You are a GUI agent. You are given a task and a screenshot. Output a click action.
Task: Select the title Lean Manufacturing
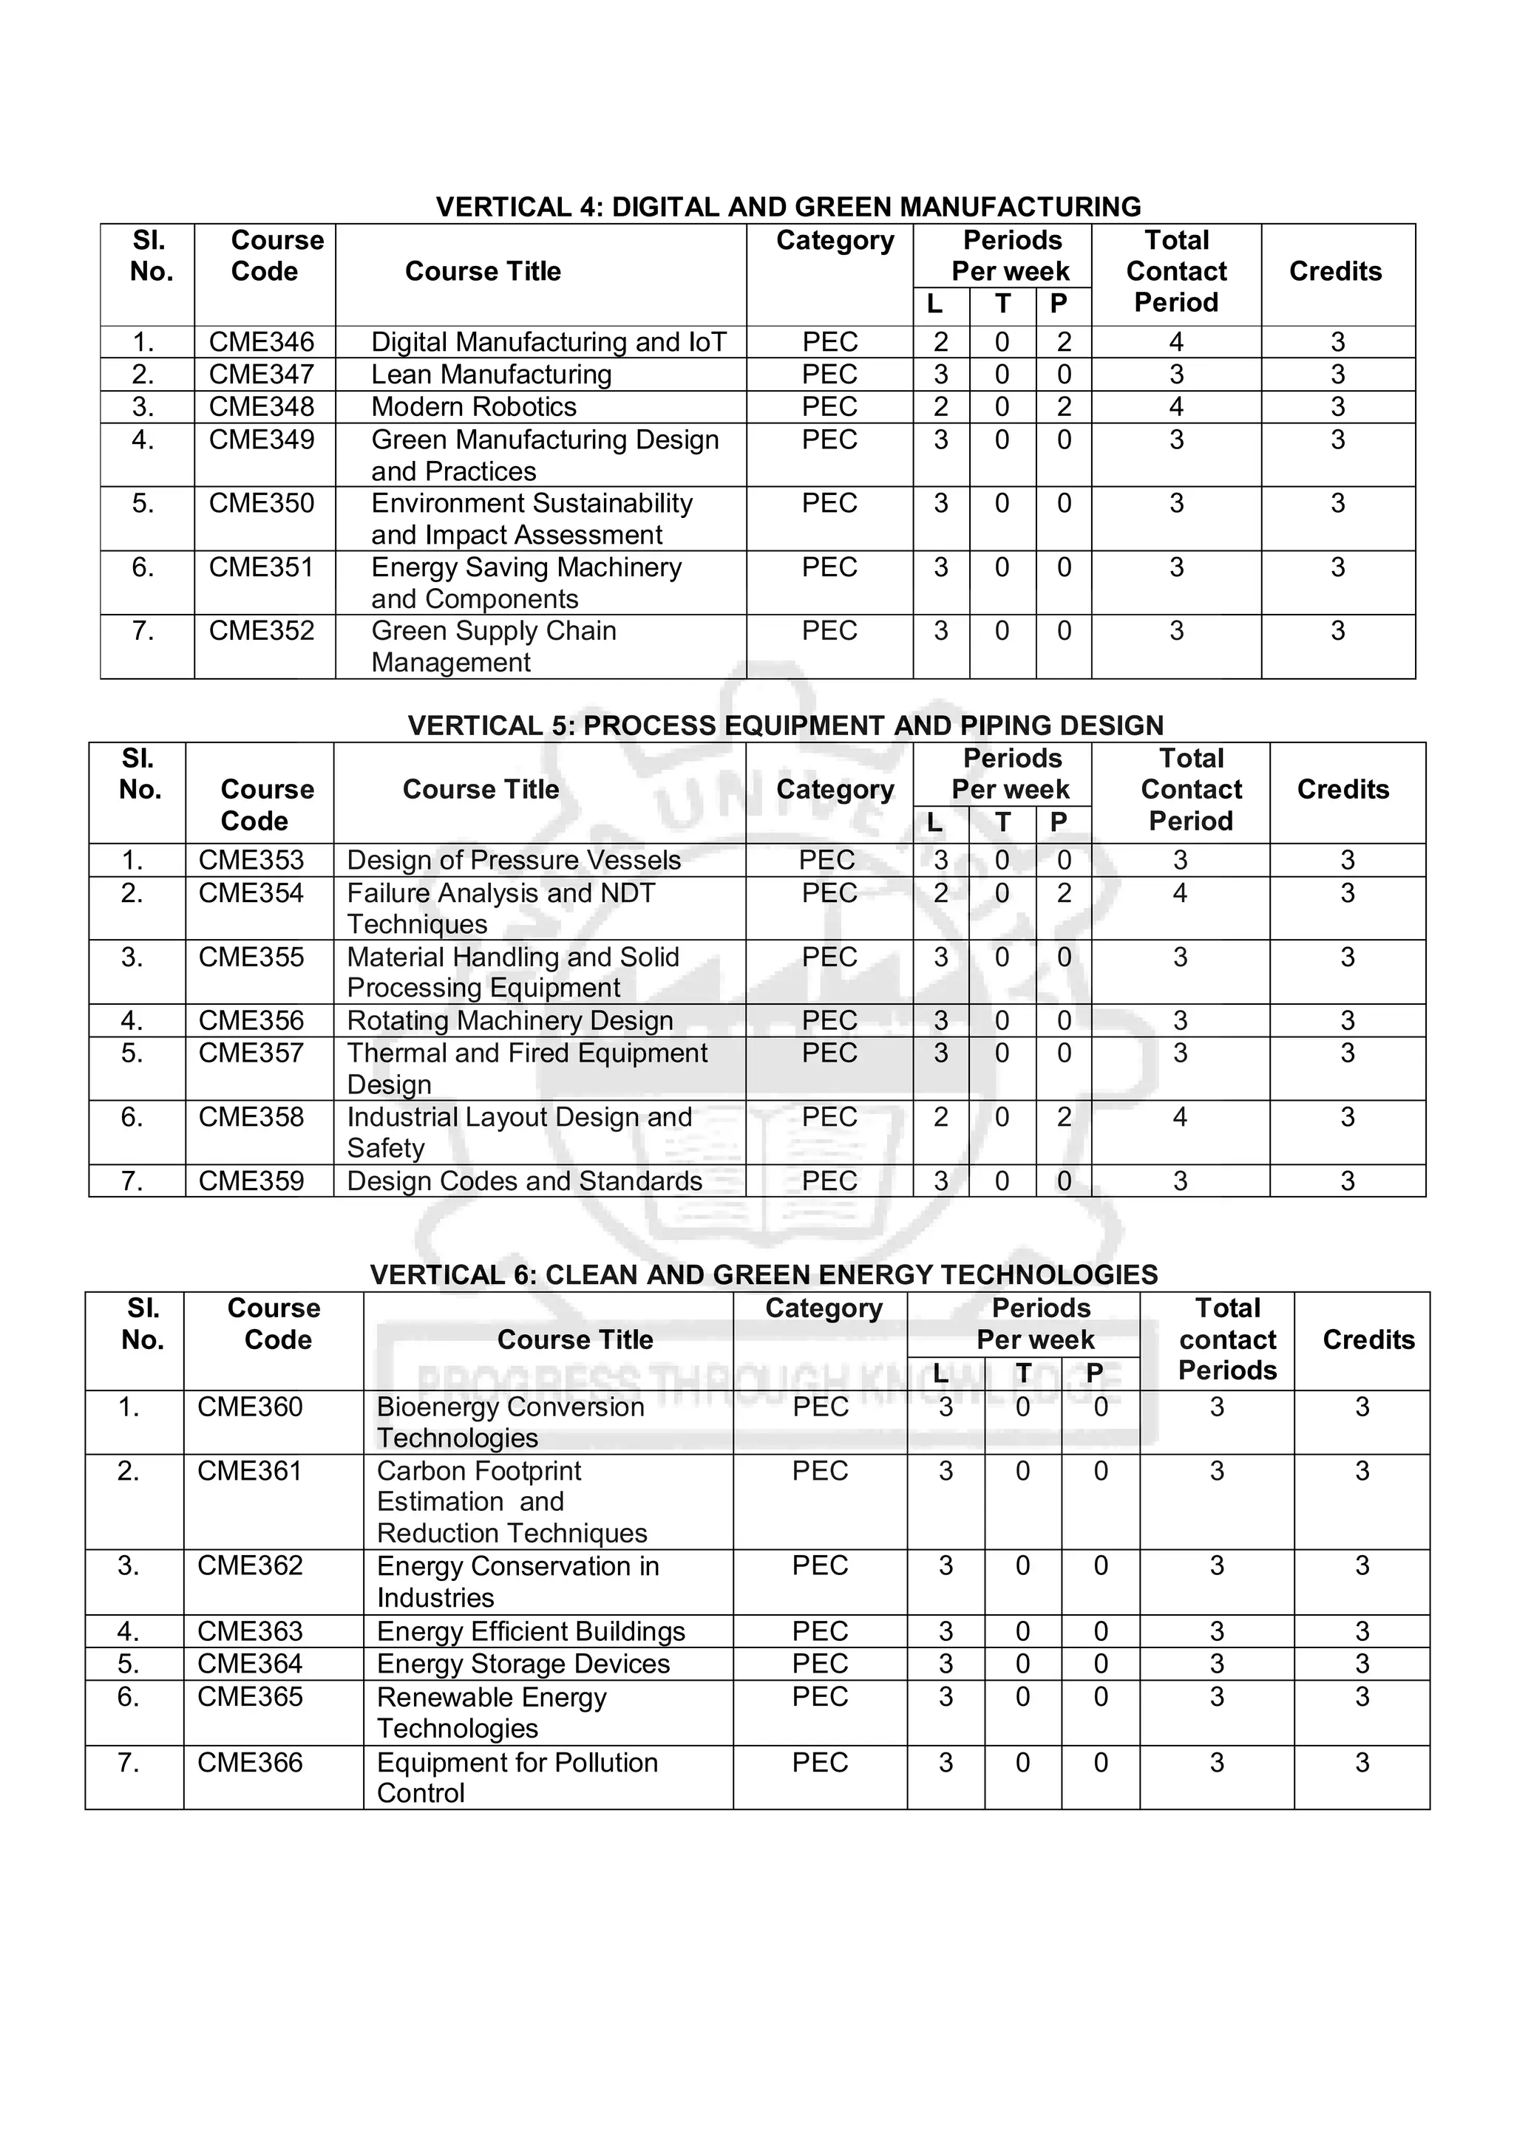pyautogui.click(x=491, y=375)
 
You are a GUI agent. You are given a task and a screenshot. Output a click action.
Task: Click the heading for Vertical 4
pyautogui.click(x=788, y=206)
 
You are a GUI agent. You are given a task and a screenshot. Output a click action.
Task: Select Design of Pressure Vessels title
pyautogui.click(x=513, y=861)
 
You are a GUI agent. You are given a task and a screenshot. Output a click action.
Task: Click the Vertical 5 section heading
pyautogui.click(x=785, y=725)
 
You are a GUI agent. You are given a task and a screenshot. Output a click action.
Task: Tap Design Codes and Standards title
pyautogui.click(x=523, y=1181)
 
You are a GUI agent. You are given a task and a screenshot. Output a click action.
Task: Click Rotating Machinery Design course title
pyautogui.click(x=509, y=1021)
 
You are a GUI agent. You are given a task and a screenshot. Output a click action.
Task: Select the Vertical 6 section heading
pyautogui.click(x=763, y=1274)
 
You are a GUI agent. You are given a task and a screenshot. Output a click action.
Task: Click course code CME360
pyautogui.click(x=250, y=1407)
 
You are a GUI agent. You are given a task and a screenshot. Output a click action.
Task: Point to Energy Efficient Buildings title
pyautogui.click(x=530, y=1632)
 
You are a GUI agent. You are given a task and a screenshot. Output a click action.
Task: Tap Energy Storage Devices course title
pyautogui.click(x=523, y=1664)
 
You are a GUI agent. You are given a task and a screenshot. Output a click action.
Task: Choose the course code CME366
pyautogui.click(x=250, y=1763)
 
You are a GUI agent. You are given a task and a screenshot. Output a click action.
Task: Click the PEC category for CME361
pyautogui.click(x=819, y=1472)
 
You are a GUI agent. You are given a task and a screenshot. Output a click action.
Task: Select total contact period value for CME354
pyautogui.click(x=1179, y=893)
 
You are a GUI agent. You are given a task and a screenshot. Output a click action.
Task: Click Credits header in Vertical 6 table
pyautogui.click(x=1368, y=1340)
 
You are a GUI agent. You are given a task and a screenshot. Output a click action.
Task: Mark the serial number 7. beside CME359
pyautogui.click(x=132, y=1181)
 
